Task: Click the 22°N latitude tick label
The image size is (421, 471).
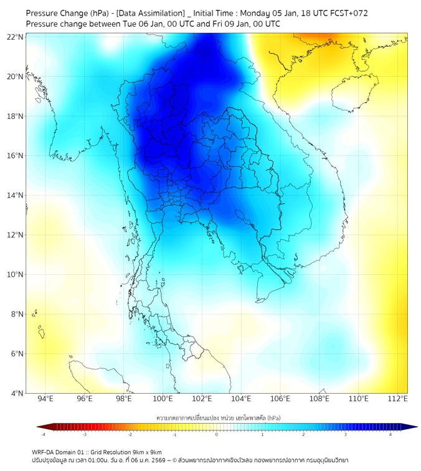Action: (x=16, y=37)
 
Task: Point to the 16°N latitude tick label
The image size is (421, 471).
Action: (x=16, y=156)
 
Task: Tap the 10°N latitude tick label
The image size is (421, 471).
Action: (x=16, y=275)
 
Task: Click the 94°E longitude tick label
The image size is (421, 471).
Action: (x=45, y=399)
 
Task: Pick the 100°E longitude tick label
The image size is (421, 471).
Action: (x=163, y=399)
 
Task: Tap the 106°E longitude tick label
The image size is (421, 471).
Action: (x=280, y=399)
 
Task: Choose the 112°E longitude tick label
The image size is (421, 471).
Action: (x=397, y=399)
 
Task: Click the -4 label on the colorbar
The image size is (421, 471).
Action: (x=43, y=434)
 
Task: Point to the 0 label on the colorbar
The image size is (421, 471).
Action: (x=217, y=434)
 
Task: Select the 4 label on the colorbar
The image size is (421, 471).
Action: (x=390, y=434)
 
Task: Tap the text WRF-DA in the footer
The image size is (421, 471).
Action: (x=45, y=452)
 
